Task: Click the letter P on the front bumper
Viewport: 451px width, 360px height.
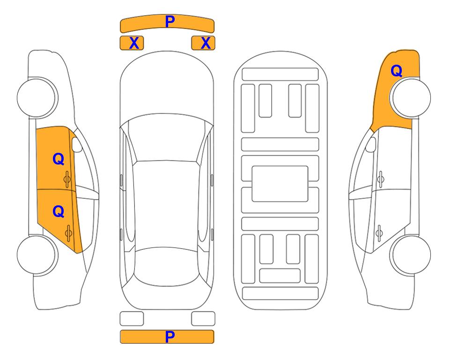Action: pyautogui.click(x=170, y=22)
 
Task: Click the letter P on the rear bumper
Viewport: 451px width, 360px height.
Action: pyautogui.click(x=170, y=337)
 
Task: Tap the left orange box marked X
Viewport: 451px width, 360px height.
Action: pyautogui.click(x=132, y=43)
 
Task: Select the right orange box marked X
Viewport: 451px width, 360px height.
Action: pyautogui.click(x=203, y=43)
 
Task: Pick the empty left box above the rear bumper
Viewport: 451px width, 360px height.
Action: pyautogui.click(x=132, y=319)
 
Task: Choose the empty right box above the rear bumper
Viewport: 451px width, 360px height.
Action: pyautogui.click(x=203, y=319)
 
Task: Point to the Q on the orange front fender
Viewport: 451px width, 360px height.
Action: pyautogui.click(x=396, y=71)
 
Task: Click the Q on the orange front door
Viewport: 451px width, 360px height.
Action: pyautogui.click(x=59, y=159)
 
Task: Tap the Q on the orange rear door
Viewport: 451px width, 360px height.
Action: pyautogui.click(x=59, y=212)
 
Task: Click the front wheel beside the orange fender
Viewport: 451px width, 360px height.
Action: pyautogui.click(x=410, y=97)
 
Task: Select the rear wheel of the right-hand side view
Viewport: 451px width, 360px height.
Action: pyautogui.click(x=410, y=255)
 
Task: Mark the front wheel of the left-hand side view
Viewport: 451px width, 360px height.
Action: pyautogui.click(x=37, y=97)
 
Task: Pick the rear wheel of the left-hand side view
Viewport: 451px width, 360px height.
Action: pyautogui.click(x=37, y=255)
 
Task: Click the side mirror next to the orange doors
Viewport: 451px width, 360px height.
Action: pyautogui.click(x=77, y=144)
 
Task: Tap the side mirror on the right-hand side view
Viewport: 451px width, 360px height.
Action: pyautogui.click(x=371, y=144)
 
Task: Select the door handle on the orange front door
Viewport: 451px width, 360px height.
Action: pyautogui.click(x=67, y=180)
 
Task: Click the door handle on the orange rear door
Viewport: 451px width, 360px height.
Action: pyautogui.click(x=68, y=232)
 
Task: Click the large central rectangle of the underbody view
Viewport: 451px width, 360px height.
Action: pyautogui.click(x=280, y=184)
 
